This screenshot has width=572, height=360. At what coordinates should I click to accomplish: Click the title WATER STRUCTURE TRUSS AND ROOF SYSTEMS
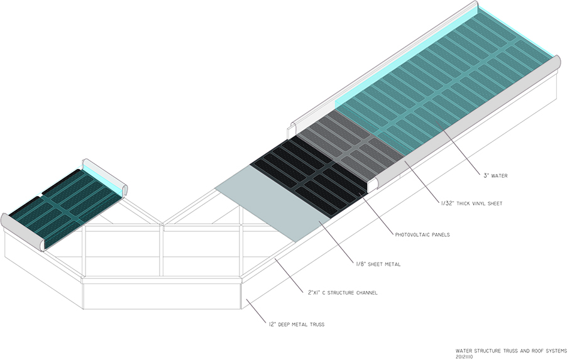pos(512,350)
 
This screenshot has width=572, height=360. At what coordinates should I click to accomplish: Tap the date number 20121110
pos(469,356)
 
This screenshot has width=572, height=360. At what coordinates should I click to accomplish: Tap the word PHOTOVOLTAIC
pos(411,234)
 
